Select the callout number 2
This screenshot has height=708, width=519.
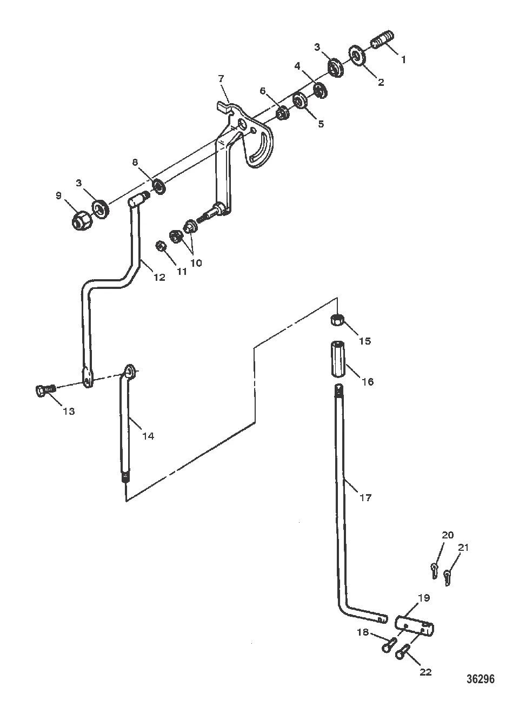click(381, 82)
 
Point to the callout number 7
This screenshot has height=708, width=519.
click(221, 78)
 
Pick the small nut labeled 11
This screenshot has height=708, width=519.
click(161, 246)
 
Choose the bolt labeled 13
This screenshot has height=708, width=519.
click(46, 390)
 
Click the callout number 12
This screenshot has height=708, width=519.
click(159, 277)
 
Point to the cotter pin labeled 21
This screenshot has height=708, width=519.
click(447, 577)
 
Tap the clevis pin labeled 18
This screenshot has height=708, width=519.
click(389, 644)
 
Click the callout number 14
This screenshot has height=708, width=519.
click(148, 436)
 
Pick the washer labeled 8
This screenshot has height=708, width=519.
click(159, 186)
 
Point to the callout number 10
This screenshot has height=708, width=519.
click(196, 262)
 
